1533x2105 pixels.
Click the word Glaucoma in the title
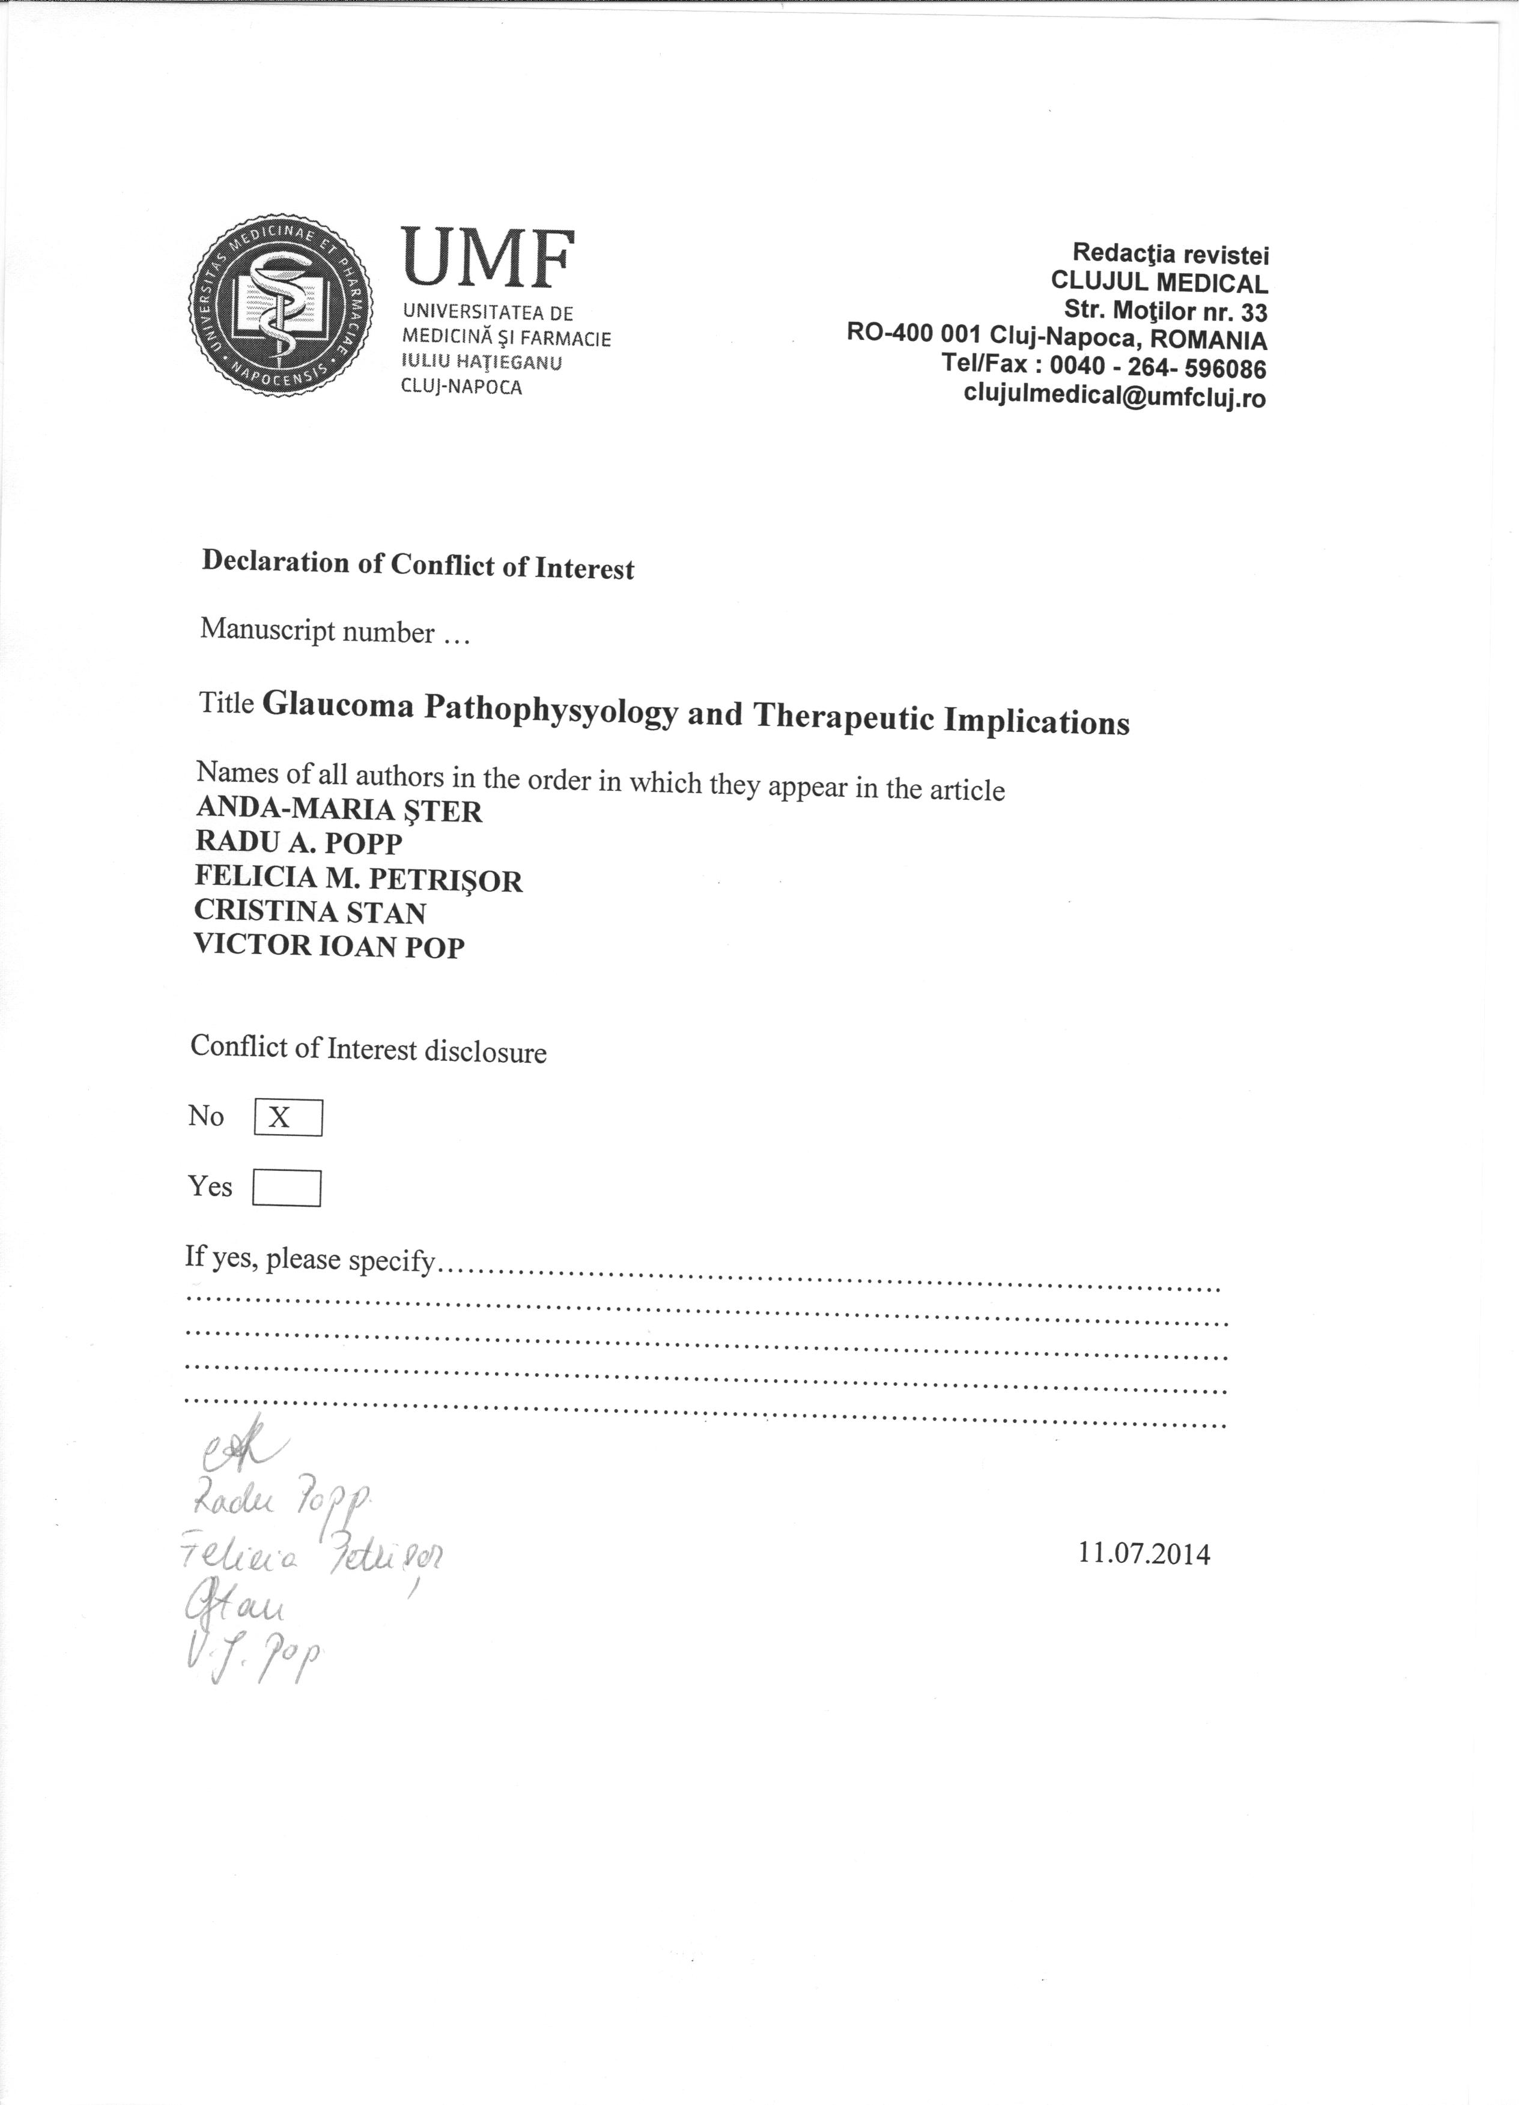(340, 708)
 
